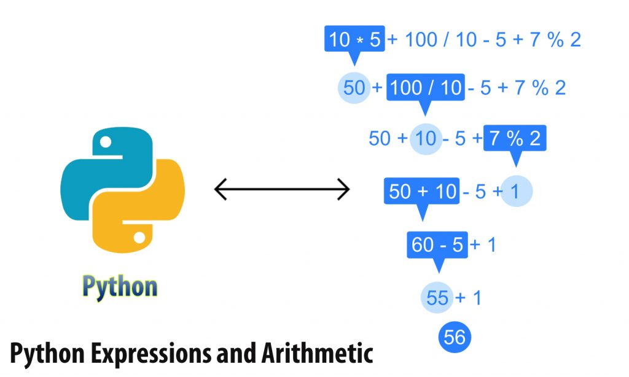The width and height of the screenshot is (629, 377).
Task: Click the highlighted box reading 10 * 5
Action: click(x=354, y=40)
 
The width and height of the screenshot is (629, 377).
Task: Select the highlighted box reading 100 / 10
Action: click(x=425, y=88)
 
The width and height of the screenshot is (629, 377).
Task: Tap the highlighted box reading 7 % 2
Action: click(x=515, y=138)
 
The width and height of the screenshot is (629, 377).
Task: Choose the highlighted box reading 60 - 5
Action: click(x=437, y=245)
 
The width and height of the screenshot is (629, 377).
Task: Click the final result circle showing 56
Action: click(x=455, y=336)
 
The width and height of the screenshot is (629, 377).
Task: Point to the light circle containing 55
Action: click(x=437, y=298)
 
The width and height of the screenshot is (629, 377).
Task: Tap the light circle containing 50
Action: click(x=354, y=88)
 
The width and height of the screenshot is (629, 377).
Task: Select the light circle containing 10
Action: click(x=425, y=138)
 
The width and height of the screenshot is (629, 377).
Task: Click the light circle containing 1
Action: click(x=515, y=192)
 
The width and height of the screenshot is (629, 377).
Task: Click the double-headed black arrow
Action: click(x=282, y=190)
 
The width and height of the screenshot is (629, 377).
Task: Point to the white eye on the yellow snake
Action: click(x=140, y=237)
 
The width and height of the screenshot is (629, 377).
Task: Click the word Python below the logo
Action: click(x=120, y=287)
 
